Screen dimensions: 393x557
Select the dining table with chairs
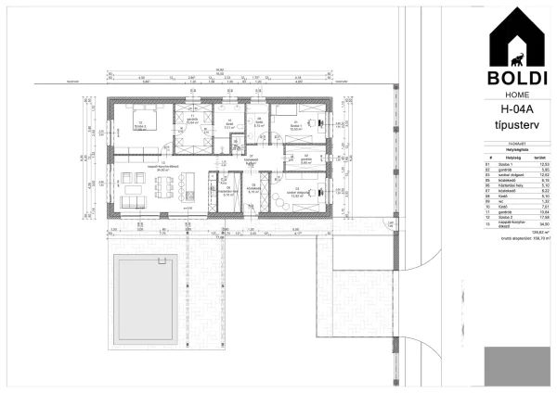click(165, 191)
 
